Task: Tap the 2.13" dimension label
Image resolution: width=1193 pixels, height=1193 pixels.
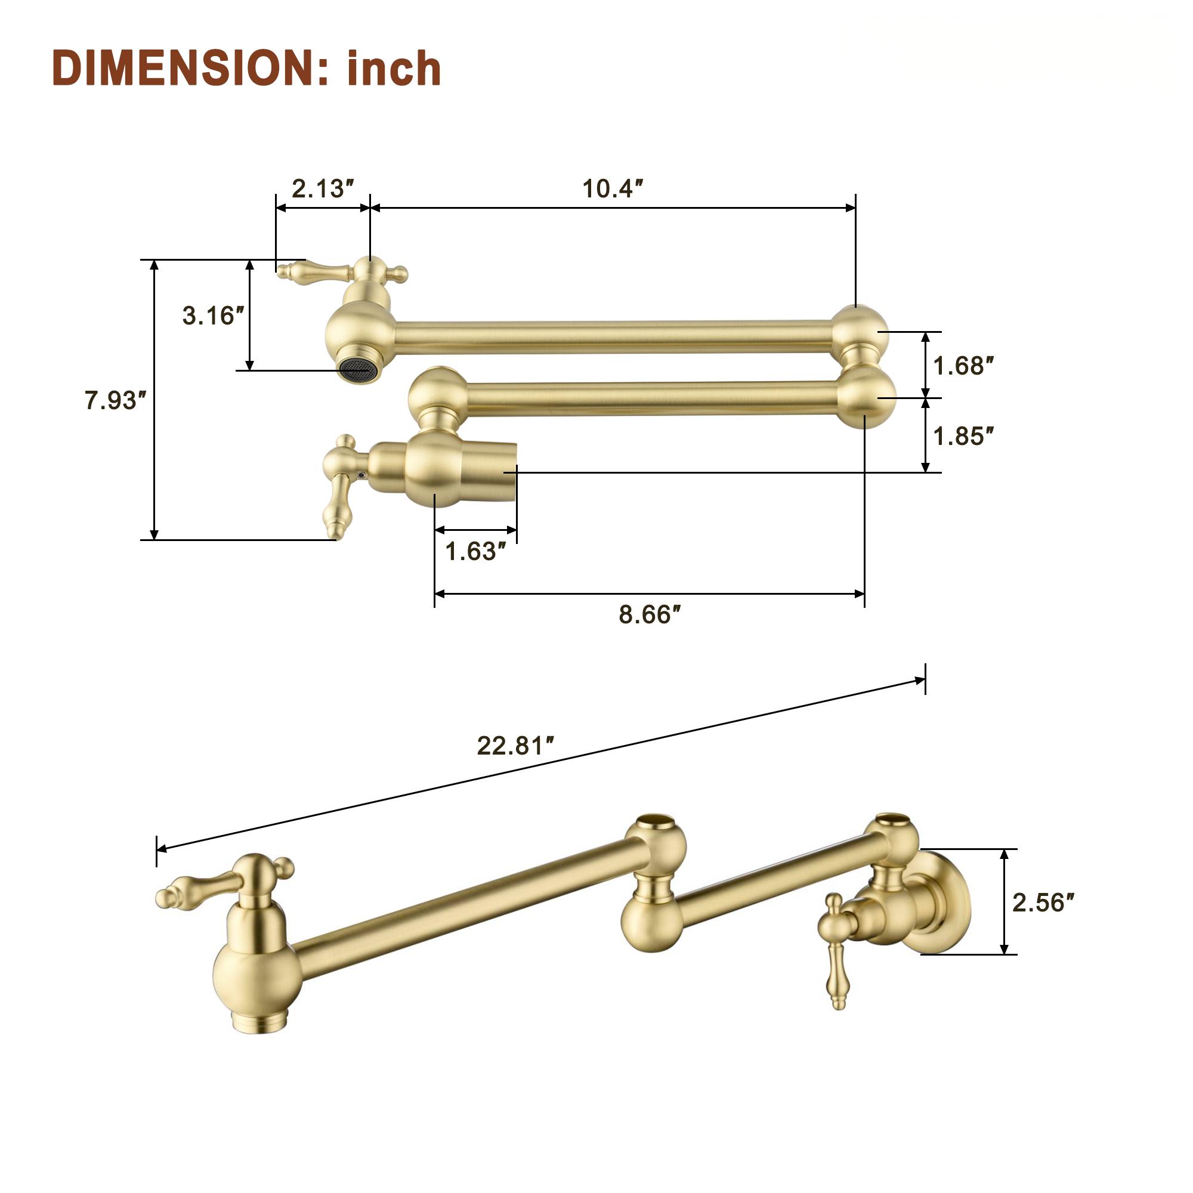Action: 323,188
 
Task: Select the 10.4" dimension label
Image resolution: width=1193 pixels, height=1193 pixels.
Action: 613,188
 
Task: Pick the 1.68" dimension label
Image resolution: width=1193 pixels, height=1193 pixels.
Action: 963,366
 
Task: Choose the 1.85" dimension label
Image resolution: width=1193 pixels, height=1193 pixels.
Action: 963,436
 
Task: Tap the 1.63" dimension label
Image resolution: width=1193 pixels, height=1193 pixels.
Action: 475,551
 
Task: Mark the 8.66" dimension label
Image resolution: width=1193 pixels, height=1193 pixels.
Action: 650,614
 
